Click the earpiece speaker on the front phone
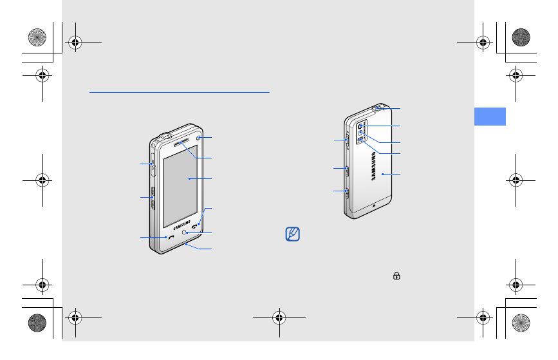(181, 142)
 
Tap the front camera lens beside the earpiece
(198, 138)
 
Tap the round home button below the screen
(184, 232)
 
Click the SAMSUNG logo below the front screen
(182, 225)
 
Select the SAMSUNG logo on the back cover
(373, 166)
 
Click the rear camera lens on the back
(360, 126)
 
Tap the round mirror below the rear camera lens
(360, 133)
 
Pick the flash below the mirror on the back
(360, 140)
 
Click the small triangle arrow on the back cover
(374, 205)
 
